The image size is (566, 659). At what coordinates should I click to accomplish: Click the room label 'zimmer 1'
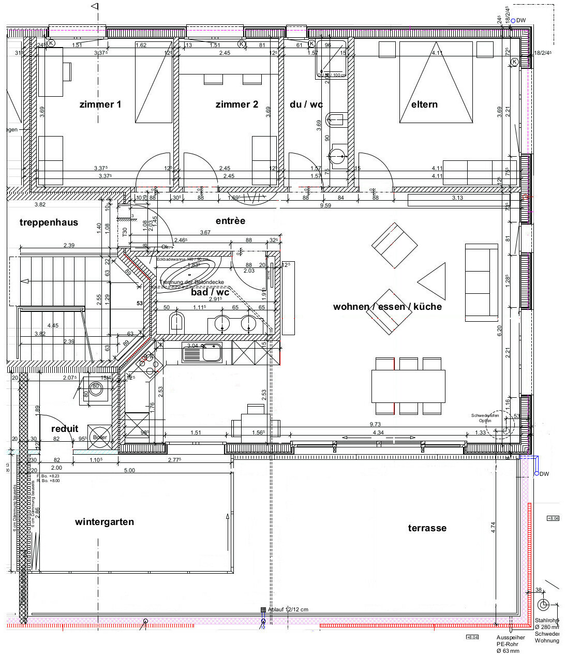tap(100, 104)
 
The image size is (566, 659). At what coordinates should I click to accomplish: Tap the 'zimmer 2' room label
tap(236, 104)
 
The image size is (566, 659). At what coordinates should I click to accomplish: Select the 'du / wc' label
tap(306, 104)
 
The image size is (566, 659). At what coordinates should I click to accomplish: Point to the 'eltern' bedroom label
tap(424, 104)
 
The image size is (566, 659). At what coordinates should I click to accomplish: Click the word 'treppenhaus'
tap(49, 222)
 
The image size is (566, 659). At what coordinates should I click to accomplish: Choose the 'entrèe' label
tap(230, 221)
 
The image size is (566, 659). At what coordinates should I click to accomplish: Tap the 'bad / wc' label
tap(210, 292)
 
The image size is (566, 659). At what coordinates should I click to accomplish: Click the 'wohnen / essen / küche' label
tap(387, 307)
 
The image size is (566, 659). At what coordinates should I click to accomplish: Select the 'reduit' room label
tap(65, 429)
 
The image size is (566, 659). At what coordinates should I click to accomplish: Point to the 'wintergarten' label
tap(104, 522)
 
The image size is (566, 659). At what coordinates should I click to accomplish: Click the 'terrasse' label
tap(427, 528)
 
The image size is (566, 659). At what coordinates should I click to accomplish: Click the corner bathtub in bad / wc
tap(187, 270)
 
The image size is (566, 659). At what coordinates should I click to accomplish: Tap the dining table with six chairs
tap(408, 385)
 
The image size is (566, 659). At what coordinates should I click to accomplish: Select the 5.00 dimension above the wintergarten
tap(129, 470)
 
